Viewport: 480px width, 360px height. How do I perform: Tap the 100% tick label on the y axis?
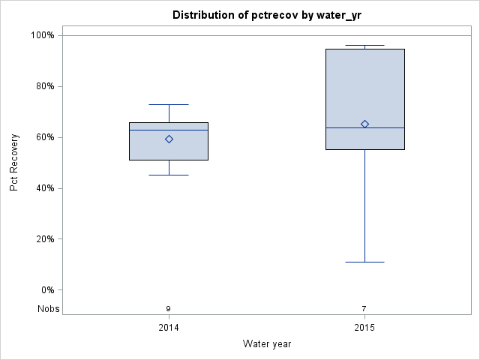click(42, 35)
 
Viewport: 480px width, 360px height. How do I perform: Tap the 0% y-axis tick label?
click(46, 290)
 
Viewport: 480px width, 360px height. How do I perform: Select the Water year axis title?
click(267, 344)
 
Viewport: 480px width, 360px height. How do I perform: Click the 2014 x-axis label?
click(169, 328)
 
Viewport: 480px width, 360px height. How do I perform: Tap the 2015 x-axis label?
click(364, 328)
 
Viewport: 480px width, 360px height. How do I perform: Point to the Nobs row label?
click(48, 309)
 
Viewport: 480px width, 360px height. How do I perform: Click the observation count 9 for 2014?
click(169, 309)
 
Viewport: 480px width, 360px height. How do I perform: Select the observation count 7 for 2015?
click(364, 309)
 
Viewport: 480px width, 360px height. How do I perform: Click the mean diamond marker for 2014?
click(169, 139)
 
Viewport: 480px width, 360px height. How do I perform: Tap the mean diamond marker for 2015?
click(364, 124)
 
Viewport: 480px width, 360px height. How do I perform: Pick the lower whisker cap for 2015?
click(364, 262)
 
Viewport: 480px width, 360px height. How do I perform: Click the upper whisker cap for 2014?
click(169, 104)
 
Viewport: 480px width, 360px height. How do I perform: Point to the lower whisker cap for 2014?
click(169, 175)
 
